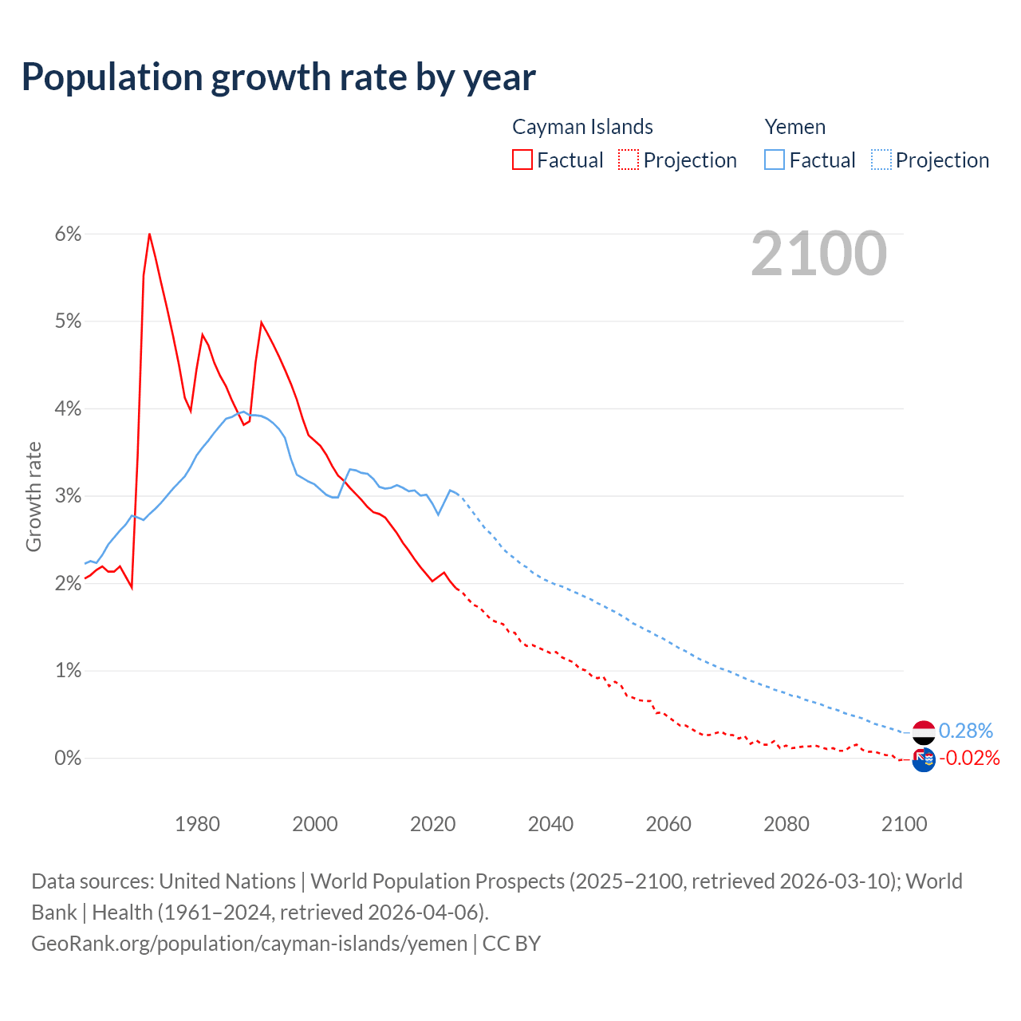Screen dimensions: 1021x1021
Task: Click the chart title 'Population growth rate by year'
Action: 278,77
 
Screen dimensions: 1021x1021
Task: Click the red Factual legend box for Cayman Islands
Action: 522,160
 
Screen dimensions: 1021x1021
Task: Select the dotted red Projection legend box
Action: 629,160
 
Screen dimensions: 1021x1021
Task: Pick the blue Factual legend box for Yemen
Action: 775,160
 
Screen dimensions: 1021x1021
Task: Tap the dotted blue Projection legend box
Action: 881,160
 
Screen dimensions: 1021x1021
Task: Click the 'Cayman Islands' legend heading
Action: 582,127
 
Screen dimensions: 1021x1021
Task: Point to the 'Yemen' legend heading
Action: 794,127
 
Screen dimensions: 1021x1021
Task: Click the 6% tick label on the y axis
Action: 68,234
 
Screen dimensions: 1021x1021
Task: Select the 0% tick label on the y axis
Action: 68,758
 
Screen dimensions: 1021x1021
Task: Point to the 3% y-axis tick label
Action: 68,496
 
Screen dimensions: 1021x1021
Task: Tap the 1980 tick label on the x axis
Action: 197,824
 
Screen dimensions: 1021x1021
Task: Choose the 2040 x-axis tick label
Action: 550,824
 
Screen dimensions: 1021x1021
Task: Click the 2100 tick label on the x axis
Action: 904,824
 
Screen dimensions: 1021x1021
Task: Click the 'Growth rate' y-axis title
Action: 34,496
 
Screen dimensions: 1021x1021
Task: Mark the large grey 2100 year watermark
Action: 818,254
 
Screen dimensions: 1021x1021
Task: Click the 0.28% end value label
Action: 965,731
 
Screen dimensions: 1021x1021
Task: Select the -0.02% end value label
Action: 968,758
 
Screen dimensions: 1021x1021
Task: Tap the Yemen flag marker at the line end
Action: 924,731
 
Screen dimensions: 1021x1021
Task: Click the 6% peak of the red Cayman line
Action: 149,234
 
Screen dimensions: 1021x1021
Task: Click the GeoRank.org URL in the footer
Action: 249,943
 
